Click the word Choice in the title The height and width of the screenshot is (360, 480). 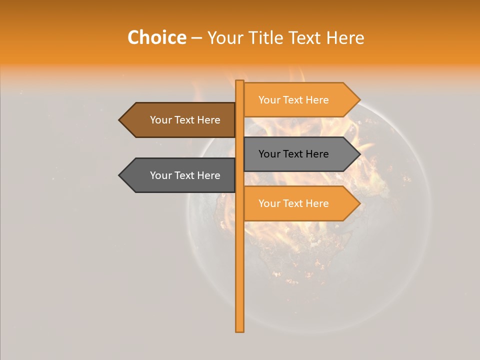pos(156,38)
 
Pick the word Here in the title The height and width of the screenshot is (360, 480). pos(345,38)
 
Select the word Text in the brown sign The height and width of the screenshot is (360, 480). pos(185,120)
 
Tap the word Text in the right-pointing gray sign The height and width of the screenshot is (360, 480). pos(294,154)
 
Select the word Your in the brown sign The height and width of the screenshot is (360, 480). pos(160,120)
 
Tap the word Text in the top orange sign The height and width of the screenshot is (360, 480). pos(294,100)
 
